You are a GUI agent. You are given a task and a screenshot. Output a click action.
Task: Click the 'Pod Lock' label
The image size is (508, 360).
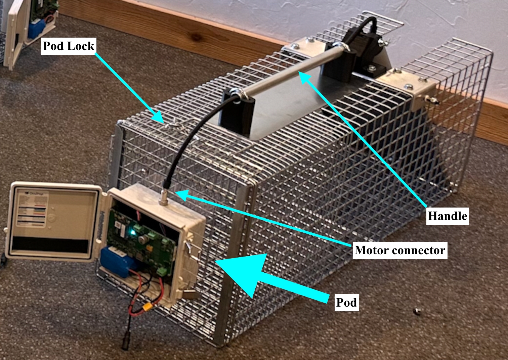69,46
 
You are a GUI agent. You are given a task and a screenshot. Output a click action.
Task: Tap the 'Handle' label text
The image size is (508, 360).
447,216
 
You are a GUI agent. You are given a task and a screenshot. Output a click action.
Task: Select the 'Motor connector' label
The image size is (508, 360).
399,250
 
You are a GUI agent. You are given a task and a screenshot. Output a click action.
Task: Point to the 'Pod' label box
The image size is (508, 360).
346,302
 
